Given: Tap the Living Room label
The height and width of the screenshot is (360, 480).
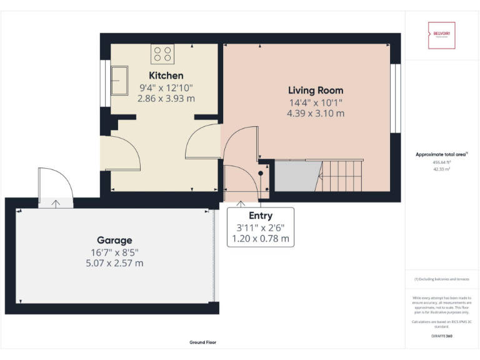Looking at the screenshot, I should [315, 90].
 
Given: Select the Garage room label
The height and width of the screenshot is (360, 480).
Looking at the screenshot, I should [114, 240].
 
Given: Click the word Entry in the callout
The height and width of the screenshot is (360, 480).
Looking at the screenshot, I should [260, 216].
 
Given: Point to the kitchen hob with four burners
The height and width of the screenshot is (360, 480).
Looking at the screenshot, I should [162, 54].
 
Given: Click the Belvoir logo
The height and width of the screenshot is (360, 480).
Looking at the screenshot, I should [441, 35].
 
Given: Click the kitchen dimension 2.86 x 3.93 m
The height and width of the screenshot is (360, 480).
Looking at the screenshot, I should [166, 99].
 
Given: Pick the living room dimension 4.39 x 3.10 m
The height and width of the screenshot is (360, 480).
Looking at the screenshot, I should [315, 114].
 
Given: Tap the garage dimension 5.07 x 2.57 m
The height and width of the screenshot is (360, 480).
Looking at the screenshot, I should [114, 263].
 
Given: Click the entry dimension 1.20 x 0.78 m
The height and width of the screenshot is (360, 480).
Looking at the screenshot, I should [260, 239].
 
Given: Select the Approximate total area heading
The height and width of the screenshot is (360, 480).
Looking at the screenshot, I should [441, 154].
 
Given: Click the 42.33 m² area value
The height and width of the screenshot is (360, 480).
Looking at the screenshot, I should [441, 169].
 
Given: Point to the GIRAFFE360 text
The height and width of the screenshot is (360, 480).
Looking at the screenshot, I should [441, 336].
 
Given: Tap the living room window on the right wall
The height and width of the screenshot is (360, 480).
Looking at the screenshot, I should [394, 98].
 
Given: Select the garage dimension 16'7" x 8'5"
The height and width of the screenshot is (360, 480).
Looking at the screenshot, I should [114, 252].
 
